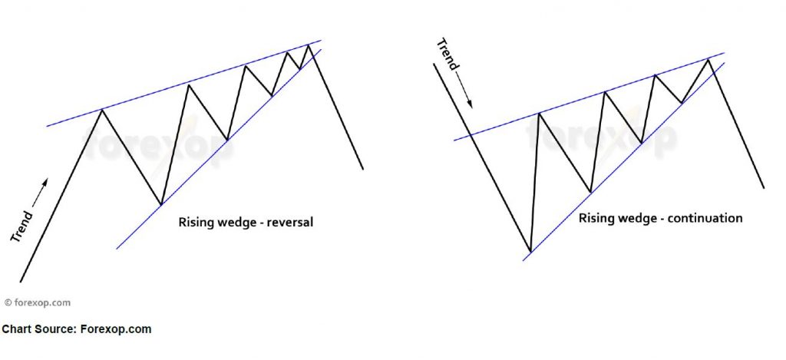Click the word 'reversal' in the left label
(289, 223)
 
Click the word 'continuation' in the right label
(703, 218)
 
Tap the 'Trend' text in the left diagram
(21, 226)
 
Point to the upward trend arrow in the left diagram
(41, 190)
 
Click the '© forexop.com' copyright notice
(37, 303)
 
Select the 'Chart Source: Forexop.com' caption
(77, 329)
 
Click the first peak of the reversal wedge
(101, 111)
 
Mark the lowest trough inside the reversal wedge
(160, 204)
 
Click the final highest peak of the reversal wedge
(309, 45)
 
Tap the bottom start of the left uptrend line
(21, 281)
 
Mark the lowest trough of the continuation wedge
(530, 251)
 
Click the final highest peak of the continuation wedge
(710, 59)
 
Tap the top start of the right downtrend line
(434, 64)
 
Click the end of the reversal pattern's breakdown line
(362, 168)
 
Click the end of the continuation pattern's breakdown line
(765, 187)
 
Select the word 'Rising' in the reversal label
(195, 223)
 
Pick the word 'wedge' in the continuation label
(632, 218)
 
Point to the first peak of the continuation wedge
(540, 114)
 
